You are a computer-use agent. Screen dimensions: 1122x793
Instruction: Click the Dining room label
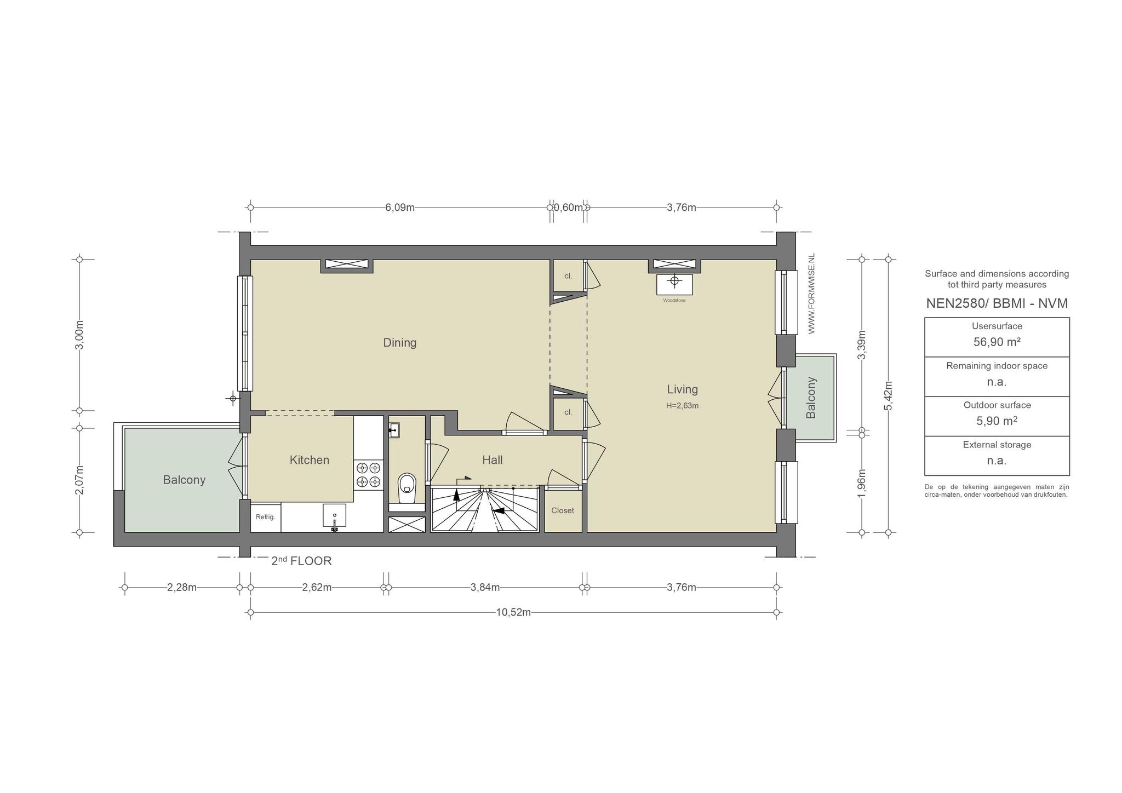click(x=399, y=343)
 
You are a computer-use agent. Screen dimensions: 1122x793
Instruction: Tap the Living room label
click(x=682, y=389)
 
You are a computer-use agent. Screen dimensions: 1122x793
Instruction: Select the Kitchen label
click(x=310, y=460)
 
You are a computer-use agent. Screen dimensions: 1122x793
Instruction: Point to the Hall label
click(x=493, y=460)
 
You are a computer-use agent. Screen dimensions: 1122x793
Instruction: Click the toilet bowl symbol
click(x=407, y=487)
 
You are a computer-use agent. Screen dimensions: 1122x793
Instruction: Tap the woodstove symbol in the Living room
click(x=674, y=284)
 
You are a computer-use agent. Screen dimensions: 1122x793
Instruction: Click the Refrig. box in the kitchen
click(x=266, y=517)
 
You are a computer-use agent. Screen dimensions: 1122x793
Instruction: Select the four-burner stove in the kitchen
click(x=368, y=475)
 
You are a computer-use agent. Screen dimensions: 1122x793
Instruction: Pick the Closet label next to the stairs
click(x=563, y=510)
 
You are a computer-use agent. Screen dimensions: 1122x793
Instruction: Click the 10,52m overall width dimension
click(x=513, y=612)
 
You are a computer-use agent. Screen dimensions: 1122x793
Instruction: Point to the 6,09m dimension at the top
click(x=399, y=208)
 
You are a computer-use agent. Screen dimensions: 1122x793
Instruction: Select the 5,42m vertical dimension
click(x=888, y=395)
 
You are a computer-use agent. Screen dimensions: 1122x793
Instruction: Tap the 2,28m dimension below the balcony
click(x=181, y=588)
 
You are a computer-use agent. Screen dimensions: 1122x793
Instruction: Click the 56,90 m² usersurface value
click(x=997, y=342)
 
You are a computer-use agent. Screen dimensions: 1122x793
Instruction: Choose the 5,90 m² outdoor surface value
click(x=997, y=421)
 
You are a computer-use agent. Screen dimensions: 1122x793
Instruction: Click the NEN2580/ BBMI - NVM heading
click(x=997, y=303)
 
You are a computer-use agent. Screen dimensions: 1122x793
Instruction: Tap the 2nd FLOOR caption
click(x=301, y=561)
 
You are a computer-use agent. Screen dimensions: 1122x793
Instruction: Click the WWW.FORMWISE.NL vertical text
click(x=811, y=294)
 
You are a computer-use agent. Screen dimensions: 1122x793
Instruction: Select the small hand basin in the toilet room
click(x=394, y=430)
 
